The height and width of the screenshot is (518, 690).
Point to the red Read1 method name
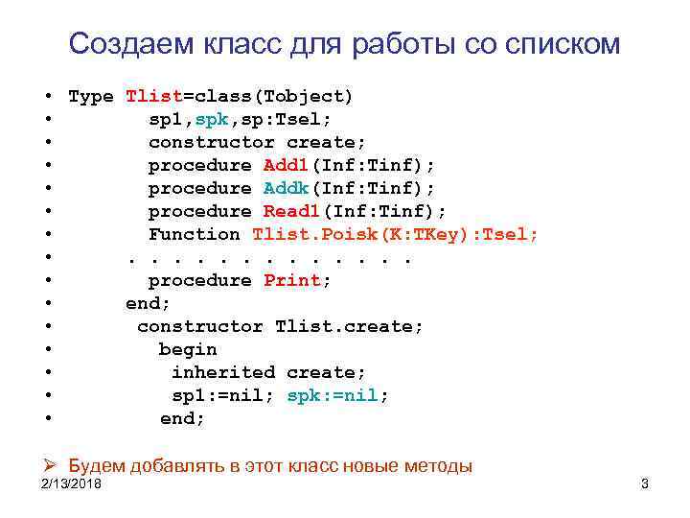point(293,211)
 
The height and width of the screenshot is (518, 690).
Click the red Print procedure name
point(298,280)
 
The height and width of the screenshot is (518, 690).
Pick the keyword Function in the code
point(195,234)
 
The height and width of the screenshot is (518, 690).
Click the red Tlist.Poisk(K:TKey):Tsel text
point(395,234)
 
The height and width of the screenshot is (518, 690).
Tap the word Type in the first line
point(91,96)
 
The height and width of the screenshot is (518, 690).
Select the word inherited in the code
point(223,372)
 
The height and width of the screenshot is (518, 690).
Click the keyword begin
point(188,349)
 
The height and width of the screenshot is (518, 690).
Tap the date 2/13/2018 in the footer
point(73,483)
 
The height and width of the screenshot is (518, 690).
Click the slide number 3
point(644,484)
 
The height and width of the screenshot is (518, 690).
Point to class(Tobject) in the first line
point(274,96)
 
